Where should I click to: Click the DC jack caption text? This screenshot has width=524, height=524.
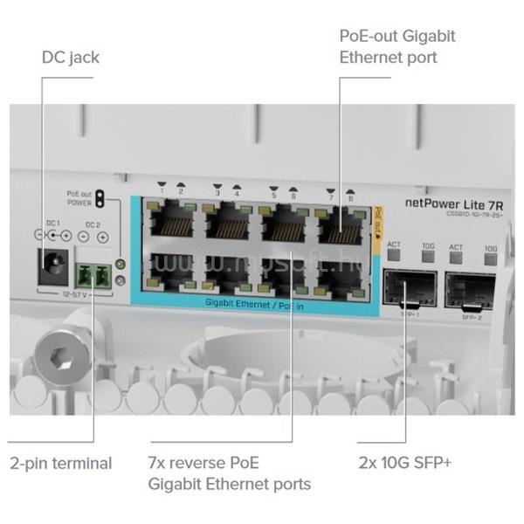click(x=71, y=58)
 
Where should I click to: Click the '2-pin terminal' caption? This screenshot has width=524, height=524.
click(x=60, y=463)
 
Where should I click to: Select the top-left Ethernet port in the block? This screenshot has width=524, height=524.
click(x=171, y=224)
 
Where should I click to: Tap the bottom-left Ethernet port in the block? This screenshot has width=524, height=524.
click(x=171, y=272)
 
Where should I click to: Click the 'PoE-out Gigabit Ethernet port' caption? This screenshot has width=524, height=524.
click(x=397, y=47)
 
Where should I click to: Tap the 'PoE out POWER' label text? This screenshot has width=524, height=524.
click(x=79, y=198)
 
